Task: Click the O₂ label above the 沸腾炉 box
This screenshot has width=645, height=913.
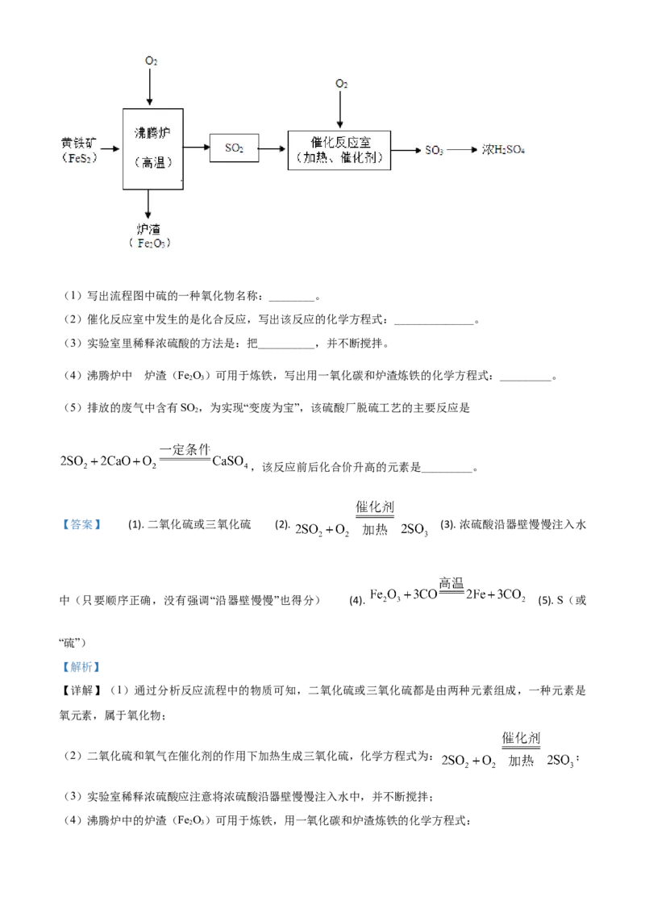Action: click(x=151, y=60)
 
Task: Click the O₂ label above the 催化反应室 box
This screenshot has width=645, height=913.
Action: click(x=342, y=84)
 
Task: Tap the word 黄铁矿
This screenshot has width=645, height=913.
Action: click(x=77, y=142)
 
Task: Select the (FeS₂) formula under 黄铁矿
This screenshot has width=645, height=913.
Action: click(x=78, y=158)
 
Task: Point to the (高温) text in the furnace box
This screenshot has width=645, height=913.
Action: click(x=153, y=162)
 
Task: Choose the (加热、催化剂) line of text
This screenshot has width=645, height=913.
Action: click(x=340, y=158)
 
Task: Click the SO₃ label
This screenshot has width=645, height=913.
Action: click(x=434, y=151)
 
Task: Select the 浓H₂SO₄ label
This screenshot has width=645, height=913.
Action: click(x=503, y=150)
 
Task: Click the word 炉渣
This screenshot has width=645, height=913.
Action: click(x=149, y=229)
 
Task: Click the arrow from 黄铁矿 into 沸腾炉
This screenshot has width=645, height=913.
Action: click(x=110, y=149)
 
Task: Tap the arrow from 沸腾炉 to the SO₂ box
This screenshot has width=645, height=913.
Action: click(x=196, y=148)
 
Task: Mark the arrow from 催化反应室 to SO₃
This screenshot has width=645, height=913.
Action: click(x=407, y=150)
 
